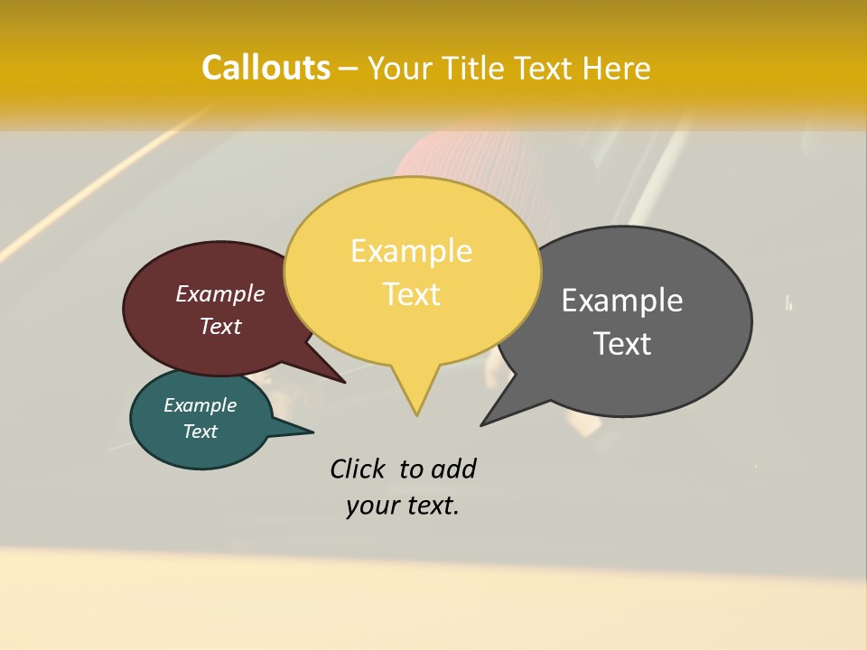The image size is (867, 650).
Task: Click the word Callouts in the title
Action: coord(266,68)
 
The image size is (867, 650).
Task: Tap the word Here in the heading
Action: coord(617,69)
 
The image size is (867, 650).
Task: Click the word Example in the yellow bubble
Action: coord(411,251)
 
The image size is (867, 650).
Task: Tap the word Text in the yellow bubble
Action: coord(412,294)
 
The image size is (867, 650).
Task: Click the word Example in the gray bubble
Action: coord(622,301)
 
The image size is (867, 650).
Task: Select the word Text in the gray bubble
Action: coord(622,344)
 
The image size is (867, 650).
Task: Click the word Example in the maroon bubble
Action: coord(220,294)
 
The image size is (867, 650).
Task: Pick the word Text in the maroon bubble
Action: coord(220,327)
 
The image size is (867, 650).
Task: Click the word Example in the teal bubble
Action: coord(200,405)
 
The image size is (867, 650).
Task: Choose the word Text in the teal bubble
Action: coord(200,432)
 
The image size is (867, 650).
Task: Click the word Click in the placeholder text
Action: coord(358,469)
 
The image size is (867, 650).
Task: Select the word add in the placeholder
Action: coord(453,469)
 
